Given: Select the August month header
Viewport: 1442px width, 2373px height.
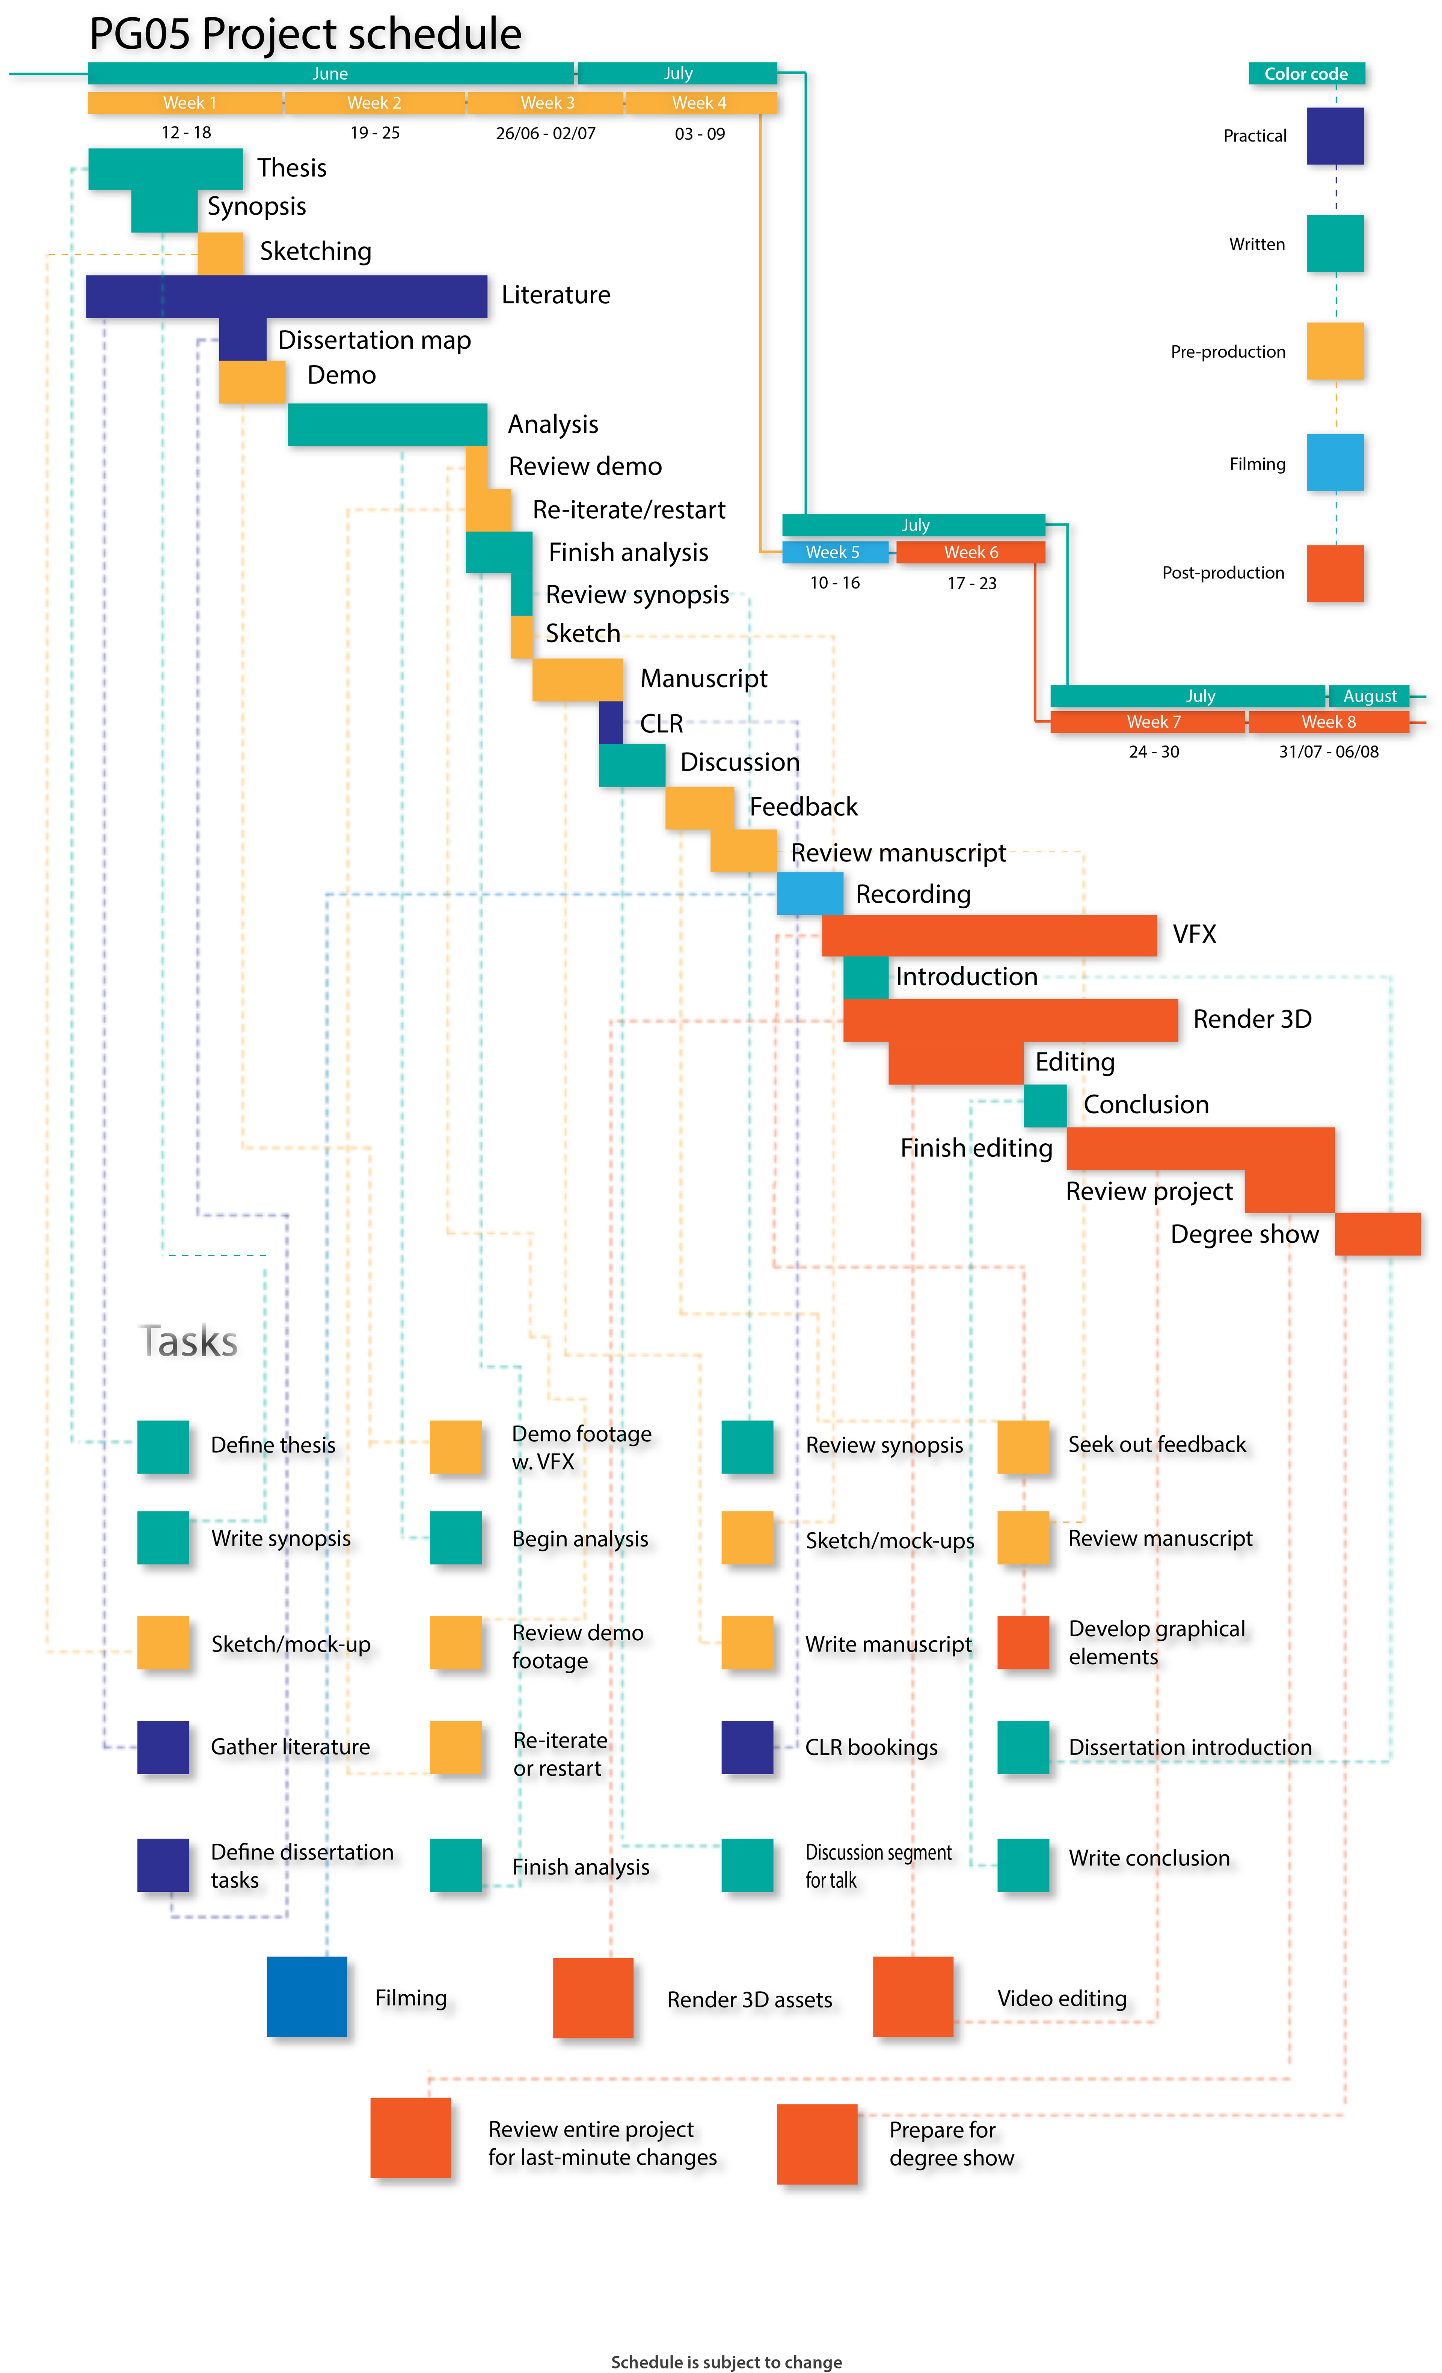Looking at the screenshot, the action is coord(1369,695).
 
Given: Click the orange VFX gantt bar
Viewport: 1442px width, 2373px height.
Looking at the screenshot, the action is coord(989,935).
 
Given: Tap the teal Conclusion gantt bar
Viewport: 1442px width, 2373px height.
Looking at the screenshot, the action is coord(1045,1105).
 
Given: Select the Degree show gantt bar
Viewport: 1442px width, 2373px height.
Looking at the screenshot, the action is coord(1377,1234).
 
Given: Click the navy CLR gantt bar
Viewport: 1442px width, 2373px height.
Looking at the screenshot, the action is coord(611,722).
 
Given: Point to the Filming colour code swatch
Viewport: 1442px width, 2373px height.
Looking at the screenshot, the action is coord(1335,462).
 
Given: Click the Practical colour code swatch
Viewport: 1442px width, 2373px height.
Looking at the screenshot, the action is coord(1335,136).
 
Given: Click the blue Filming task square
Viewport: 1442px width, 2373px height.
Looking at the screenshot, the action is coord(306,1997).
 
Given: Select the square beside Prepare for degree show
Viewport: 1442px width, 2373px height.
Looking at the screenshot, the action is coord(817,2144).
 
